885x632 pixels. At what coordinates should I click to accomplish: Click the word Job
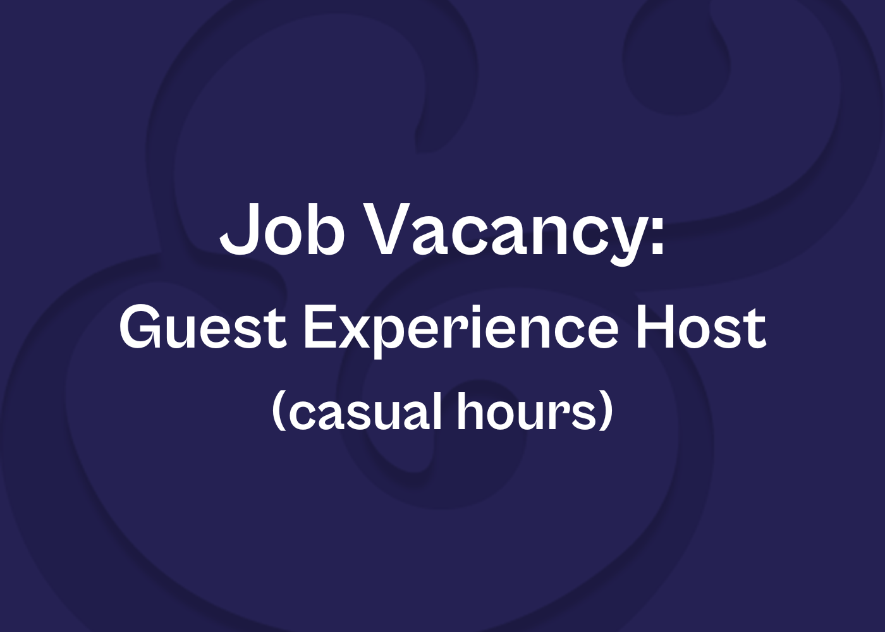282,228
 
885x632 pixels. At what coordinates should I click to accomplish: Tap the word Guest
203,328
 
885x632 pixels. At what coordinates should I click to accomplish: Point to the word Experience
461,332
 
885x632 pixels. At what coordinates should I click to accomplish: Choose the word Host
701,328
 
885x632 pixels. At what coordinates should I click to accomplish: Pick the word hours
525,410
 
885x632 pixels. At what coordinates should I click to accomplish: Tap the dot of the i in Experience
485,309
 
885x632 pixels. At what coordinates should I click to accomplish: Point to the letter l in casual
436,410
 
